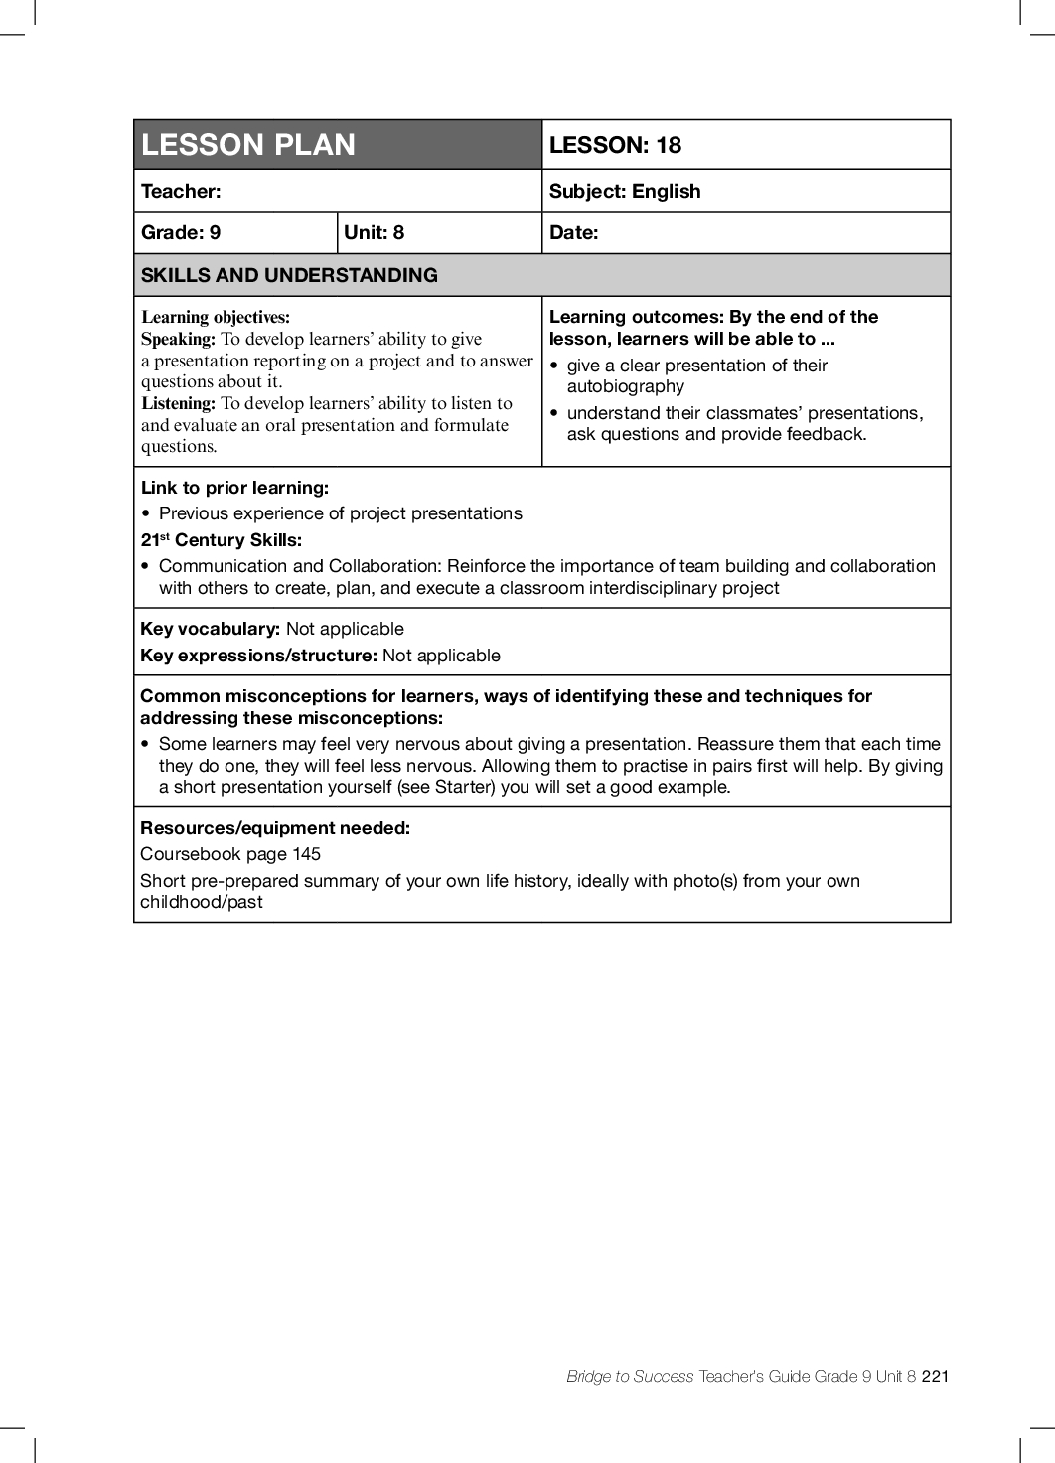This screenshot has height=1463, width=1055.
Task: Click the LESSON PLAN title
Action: pos(248,145)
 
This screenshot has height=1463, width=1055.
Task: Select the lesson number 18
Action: pos(669,145)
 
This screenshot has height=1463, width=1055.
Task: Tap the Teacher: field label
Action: pos(181,191)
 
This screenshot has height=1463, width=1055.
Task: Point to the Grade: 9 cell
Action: pos(181,232)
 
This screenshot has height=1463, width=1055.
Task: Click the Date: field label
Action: pos(573,232)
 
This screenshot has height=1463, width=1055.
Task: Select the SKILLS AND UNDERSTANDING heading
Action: pos(289,275)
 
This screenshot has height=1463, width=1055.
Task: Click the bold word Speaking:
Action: pos(178,339)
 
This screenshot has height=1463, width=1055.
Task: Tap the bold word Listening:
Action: pos(178,403)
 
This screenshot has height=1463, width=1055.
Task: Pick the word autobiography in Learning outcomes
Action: pos(625,386)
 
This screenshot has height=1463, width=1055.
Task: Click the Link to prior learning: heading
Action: pos(234,488)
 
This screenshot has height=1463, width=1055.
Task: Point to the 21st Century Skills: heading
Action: pos(221,540)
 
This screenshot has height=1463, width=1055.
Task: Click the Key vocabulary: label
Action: pos(210,629)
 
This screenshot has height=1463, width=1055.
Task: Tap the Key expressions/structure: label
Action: pos(258,656)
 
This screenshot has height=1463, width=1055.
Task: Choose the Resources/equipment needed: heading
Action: pos(275,828)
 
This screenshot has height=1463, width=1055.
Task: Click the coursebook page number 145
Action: pos(306,854)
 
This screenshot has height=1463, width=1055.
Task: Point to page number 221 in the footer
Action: pos(935,1376)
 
